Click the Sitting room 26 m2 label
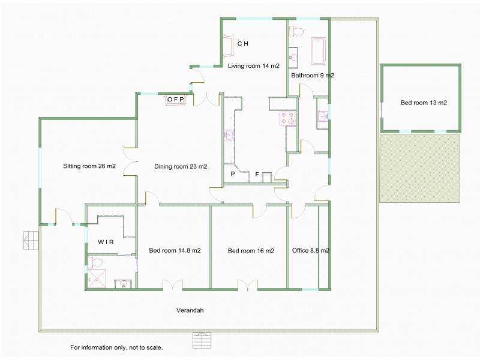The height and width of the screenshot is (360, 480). click(x=89, y=166)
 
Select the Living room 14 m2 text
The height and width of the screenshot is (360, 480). click(x=253, y=66)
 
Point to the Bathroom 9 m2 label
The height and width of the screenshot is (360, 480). click(x=313, y=76)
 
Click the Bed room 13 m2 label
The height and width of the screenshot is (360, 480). click(x=424, y=103)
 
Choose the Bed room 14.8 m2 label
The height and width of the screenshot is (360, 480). click(x=175, y=251)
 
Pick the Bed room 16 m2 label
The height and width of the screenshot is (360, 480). click(x=251, y=251)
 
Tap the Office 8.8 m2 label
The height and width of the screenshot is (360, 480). click(x=310, y=251)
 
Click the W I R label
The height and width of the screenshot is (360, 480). click(x=106, y=242)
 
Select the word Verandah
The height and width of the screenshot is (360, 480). click(x=190, y=310)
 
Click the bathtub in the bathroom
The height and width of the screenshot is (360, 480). click(x=318, y=51)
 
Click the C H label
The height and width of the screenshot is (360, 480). click(x=242, y=44)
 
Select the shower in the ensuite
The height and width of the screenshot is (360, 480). click(x=95, y=279)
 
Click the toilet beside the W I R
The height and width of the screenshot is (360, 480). click(x=96, y=262)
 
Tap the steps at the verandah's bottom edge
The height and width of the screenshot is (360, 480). click(x=202, y=340)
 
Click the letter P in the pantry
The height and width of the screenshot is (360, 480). click(x=232, y=174)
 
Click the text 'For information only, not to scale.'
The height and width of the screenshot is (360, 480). click(x=116, y=347)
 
